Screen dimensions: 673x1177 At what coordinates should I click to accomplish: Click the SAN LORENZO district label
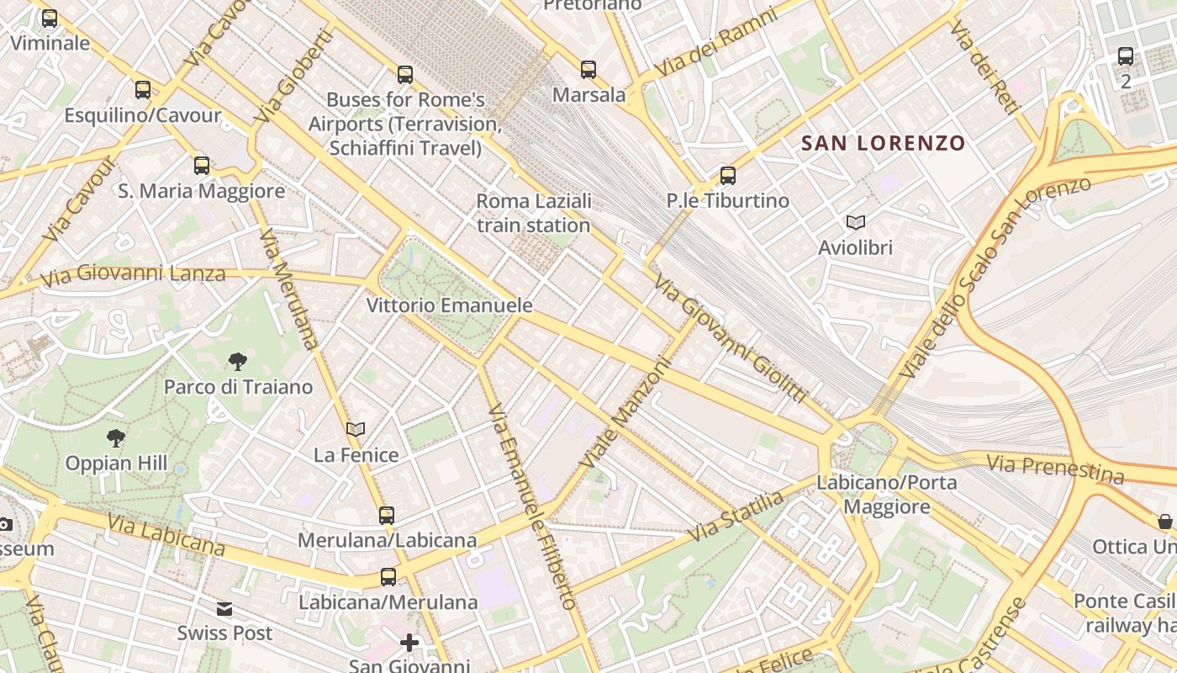coord(884,143)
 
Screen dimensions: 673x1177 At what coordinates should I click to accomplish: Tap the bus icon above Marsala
coord(588,70)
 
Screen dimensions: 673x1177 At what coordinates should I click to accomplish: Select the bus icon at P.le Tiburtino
coord(728,176)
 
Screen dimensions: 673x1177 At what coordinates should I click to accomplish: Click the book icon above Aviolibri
coord(856,223)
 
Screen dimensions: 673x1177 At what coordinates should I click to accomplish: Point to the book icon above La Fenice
coord(356,430)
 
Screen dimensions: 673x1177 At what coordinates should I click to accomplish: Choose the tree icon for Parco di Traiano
coord(238,362)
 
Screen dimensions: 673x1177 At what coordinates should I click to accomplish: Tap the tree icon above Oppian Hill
coord(116,437)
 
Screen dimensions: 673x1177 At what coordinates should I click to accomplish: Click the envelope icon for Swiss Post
coord(224,609)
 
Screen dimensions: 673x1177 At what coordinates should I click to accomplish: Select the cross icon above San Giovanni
coord(409,644)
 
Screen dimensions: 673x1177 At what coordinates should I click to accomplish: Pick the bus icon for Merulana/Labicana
coord(387,515)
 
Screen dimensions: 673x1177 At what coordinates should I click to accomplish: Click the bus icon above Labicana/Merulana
coord(388,577)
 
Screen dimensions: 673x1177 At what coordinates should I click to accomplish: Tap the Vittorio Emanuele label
coord(450,305)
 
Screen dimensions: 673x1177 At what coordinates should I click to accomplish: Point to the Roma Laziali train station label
coord(534,214)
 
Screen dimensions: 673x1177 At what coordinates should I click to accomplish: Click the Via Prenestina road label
coord(1055,469)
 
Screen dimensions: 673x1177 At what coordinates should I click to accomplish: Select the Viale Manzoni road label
coord(626,414)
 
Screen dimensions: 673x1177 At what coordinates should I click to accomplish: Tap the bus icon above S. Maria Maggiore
coord(202,166)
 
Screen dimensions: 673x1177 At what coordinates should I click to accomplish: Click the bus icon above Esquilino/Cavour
coord(143,90)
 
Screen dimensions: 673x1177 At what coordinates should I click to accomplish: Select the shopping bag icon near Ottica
coord(1165,522)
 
